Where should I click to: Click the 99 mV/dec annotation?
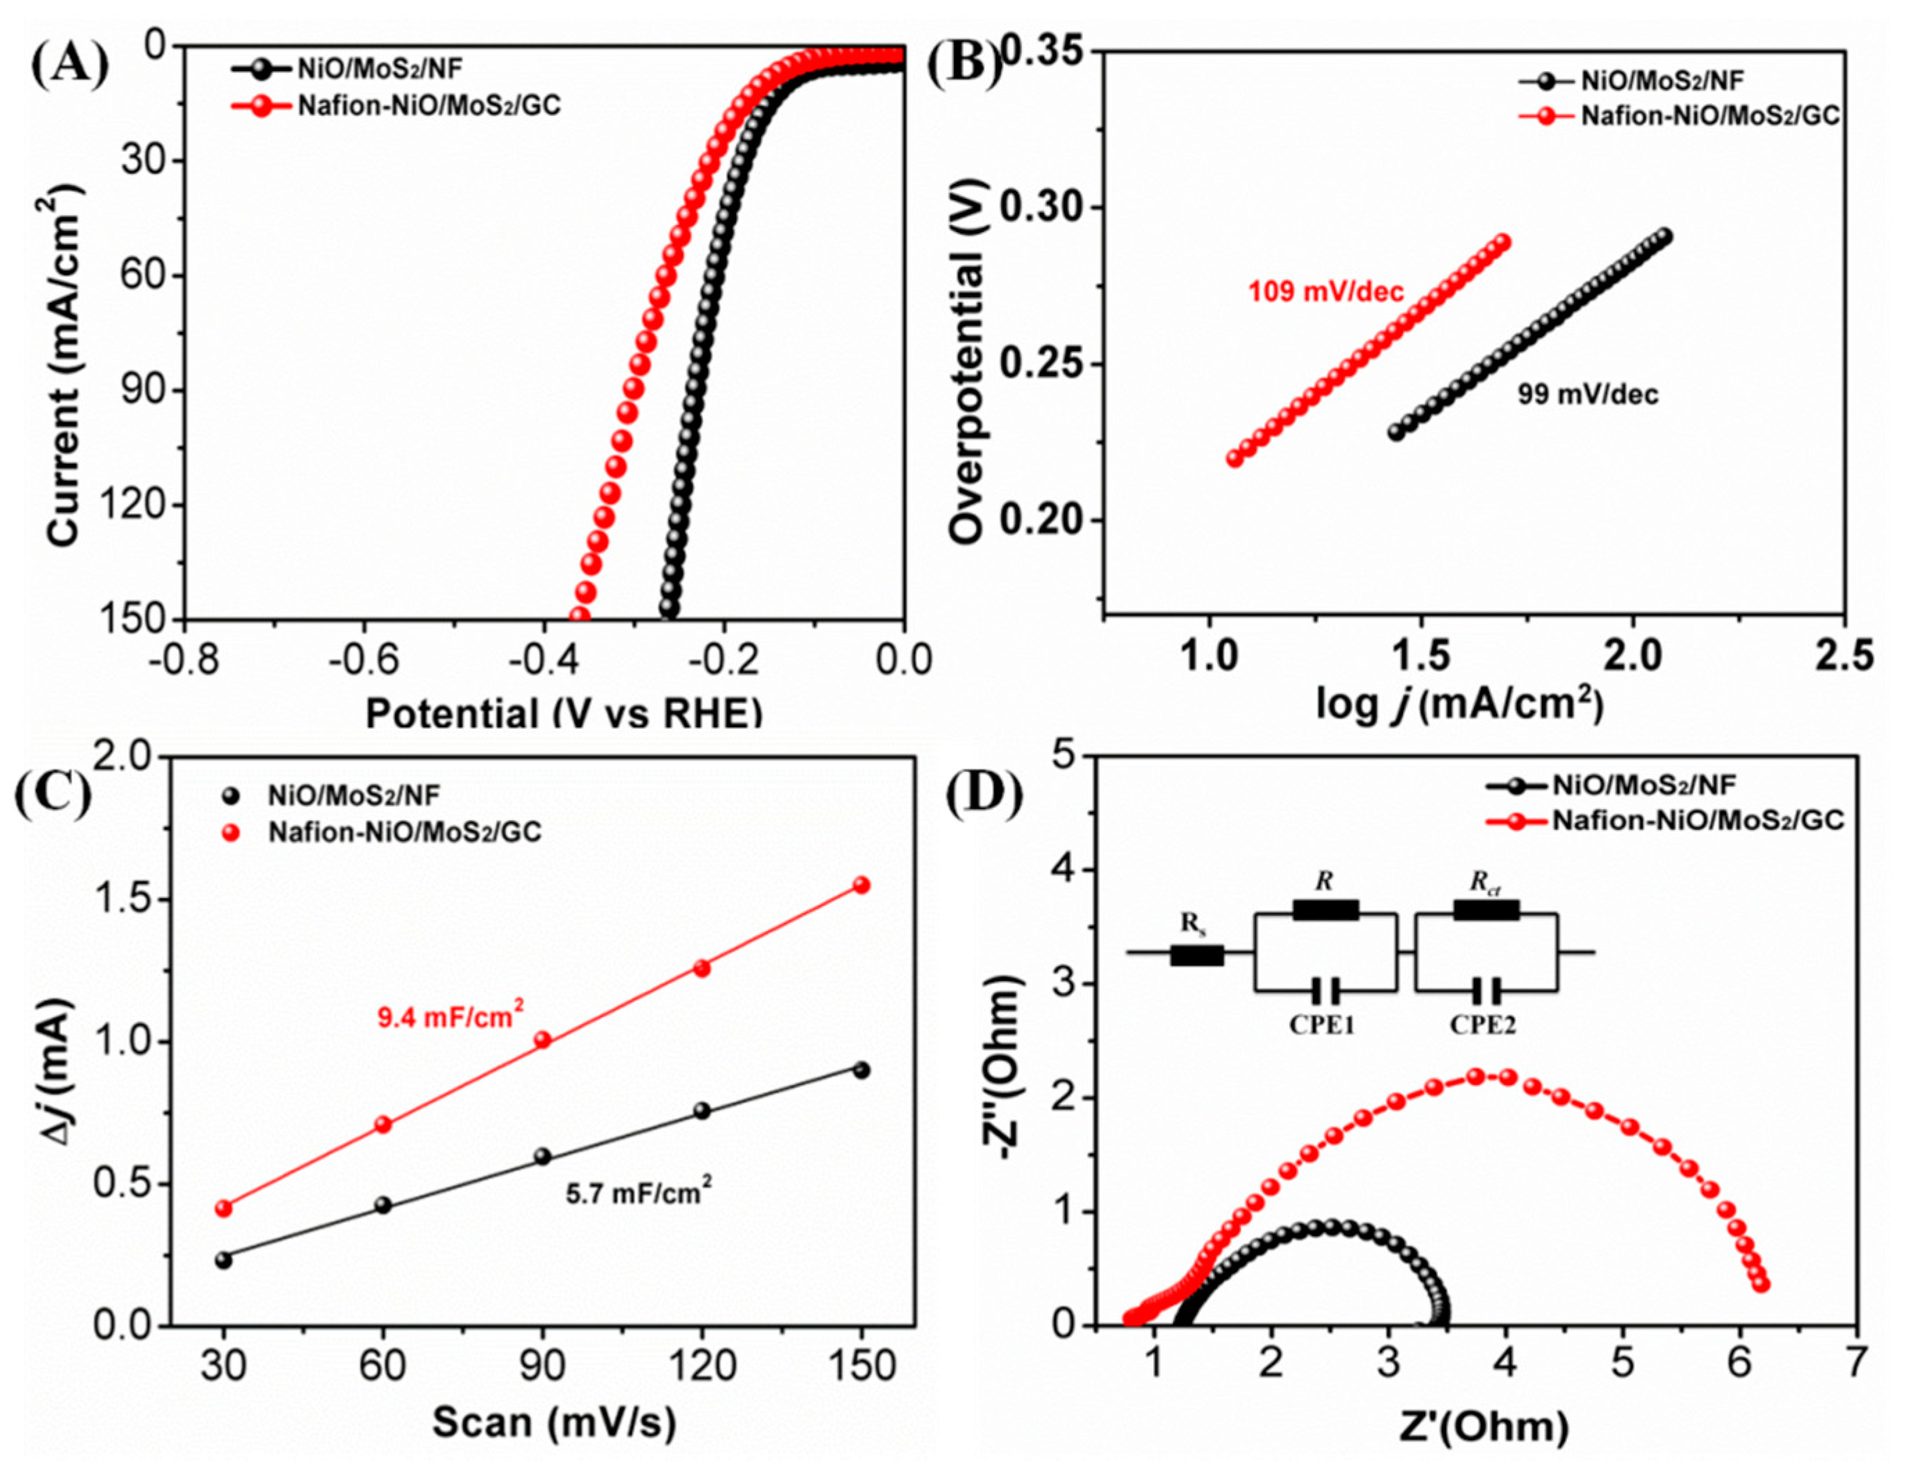click(1588, 395)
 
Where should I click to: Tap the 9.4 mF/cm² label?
click(451, 1016)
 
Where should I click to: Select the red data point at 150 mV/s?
click(862, 885)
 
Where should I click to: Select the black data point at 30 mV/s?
click(223, 1260)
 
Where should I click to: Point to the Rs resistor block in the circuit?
click(1197, 955)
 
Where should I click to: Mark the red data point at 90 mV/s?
click(543, 1040)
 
